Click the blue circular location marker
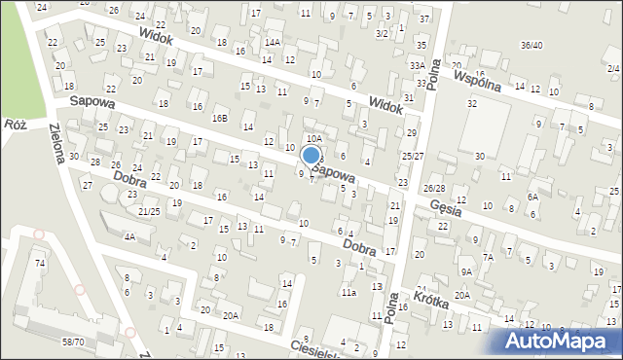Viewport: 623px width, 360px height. click(x=311, y=155)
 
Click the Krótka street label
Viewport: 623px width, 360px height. click(x=430, y=301)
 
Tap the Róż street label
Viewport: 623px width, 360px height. click(x=15, y=125)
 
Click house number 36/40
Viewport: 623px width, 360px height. click(x=531, y=45)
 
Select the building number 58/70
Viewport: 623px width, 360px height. click(x=74, y=342)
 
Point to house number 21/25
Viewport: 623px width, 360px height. click(x=148, y=211)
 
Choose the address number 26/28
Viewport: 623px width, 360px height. click(x=434, y=188)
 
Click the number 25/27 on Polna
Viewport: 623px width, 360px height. click(x=413, y=156)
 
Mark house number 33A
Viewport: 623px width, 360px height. click(x=416, y=65)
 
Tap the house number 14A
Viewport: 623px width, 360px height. click(x=272, y=42)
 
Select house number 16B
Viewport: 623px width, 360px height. click(x=221, y=119)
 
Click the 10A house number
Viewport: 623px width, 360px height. click(x=314, y=139)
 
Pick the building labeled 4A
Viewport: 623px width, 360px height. click(x=128, y=235)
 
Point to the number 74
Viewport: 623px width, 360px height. click(x=40, y=264)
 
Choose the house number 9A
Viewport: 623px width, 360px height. click(x=467, y=272)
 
